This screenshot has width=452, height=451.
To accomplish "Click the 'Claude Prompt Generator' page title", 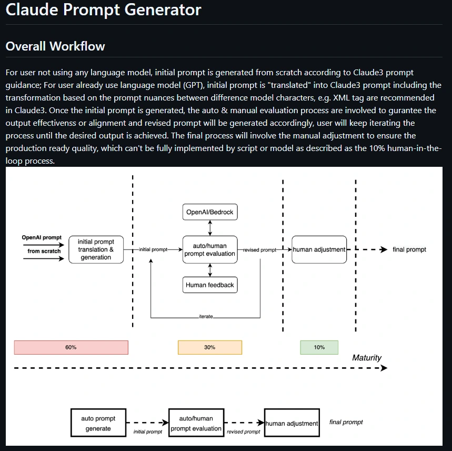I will [x=103, y=10].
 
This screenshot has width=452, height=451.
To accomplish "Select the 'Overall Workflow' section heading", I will [x=55, y=46].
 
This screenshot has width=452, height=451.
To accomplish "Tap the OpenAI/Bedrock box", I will [x=210, y=213].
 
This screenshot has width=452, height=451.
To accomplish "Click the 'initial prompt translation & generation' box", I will [x=96, y=249].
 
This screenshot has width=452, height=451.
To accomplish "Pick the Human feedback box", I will [x=210, y=285].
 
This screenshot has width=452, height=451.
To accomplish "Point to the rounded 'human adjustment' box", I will [x=319, y=249].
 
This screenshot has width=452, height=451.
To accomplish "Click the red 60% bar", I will [x=71, y=347].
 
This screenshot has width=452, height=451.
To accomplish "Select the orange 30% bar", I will [x=210, y=347].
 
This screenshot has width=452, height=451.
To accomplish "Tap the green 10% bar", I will [x=319, y=347].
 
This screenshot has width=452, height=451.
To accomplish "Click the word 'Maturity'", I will [x=367, y=358].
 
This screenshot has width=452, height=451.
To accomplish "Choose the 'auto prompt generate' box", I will [x=98, y=423].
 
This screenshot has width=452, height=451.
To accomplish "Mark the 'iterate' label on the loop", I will [x=206, y=317].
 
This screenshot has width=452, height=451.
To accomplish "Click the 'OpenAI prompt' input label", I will [x=42, y=238].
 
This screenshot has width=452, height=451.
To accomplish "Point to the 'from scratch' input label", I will [x=44, y=251].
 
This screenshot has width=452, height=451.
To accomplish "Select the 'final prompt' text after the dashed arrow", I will [x=409, y=249].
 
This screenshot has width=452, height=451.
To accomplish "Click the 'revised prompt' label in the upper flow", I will [x=260, y=250].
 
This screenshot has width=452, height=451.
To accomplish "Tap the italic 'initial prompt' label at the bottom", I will [x=148, y=432].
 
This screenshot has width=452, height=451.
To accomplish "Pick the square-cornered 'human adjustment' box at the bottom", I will [x=292, y=423].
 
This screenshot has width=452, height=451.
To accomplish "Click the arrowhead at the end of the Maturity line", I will [x=384, y=368].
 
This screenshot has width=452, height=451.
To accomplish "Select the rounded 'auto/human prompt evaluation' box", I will [x=210, y=249].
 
